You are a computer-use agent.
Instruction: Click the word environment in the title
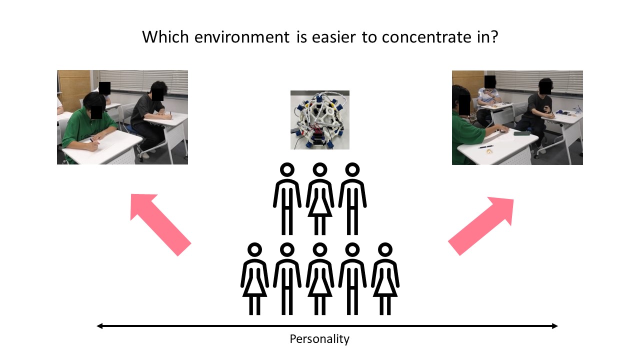[x=242, y=37]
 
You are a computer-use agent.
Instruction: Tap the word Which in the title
[x=165, y=37]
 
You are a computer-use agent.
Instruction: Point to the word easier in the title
[x=334, y=37]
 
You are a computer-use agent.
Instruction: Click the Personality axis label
[x=319, y=339]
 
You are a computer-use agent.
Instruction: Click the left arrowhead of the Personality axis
[x=99, y=326]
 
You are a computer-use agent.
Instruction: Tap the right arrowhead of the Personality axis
[x=555, y=326]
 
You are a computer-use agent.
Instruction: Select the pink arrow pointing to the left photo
[x=160, y=225]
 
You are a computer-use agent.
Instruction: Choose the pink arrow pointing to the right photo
[x=481, y=226]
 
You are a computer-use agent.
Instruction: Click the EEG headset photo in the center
[x=319, y=120]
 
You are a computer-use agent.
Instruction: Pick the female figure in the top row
[x=319, y=199]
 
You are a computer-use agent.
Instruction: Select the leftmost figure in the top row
[x=287, y=199]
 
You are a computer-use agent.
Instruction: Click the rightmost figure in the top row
[x=352, y=199]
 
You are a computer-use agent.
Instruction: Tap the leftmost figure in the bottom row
[x=254, y=279]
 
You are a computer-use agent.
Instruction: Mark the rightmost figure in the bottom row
[x=385, y=279]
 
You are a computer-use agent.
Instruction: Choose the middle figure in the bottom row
[x=319, y=279]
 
